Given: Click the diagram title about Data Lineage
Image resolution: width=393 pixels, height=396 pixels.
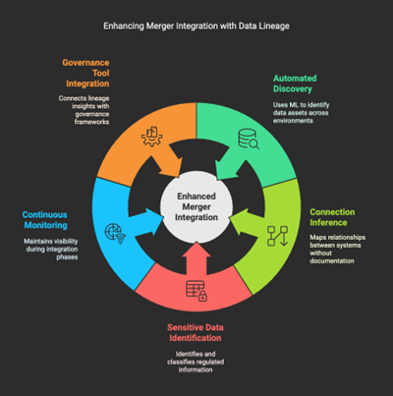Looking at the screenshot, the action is (196, 26).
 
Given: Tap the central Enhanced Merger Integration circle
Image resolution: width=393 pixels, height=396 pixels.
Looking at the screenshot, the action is (196, 206).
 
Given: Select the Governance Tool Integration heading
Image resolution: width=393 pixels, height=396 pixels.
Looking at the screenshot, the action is (85, 73).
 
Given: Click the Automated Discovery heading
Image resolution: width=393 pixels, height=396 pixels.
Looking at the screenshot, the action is (295, 84).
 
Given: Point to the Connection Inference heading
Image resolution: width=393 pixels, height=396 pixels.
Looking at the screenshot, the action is (332, 217).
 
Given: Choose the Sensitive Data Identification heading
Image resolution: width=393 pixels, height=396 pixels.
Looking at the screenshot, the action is (196, 332).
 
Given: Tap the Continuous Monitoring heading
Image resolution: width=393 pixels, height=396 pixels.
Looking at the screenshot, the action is (45, 220).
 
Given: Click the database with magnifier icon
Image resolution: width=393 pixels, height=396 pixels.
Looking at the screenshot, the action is (249, 139).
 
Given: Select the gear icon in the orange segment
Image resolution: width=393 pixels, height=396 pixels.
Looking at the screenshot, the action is (152, 137).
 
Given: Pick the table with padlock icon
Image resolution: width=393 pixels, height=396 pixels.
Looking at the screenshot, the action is (196, 291).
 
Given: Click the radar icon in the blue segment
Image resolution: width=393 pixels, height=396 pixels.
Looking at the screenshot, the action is (115, 234).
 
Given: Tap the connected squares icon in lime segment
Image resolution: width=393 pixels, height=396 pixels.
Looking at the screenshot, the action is (277, 236).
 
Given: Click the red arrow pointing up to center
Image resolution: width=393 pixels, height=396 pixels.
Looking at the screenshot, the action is (196, 258).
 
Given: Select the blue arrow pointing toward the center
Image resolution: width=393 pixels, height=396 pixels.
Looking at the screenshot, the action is (146, 222).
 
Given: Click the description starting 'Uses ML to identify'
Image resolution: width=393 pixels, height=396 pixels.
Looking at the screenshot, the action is (301, 113).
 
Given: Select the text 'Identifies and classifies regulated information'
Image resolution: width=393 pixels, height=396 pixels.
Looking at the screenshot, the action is (196, 362).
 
